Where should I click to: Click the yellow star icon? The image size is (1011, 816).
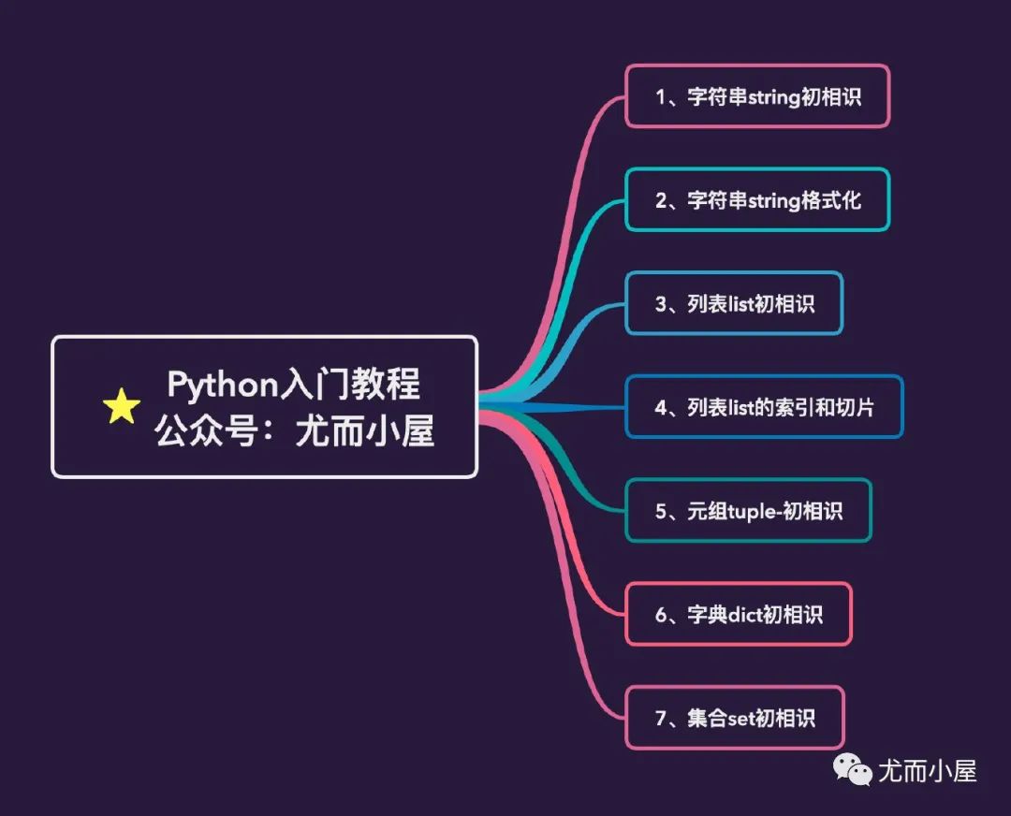[121, 406]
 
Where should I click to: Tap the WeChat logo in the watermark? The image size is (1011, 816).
[852, 768]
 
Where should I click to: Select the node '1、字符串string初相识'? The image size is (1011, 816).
[757, 96]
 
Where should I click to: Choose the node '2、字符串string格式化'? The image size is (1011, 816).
[757, 200]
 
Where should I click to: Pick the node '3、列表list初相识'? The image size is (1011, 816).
[735, 303]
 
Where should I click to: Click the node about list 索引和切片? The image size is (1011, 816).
[764, 407]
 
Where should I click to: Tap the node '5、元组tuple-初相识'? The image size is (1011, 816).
[749, 511]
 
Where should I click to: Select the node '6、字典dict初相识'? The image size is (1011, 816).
[739, 614]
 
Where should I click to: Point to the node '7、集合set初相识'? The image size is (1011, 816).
[735, 718]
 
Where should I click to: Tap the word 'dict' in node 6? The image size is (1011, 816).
[745, 614]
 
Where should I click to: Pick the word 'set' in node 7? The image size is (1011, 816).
[740, 718]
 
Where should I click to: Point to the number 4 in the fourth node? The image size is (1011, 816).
[661, 407]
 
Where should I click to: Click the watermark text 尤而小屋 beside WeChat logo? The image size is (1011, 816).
[928, 771]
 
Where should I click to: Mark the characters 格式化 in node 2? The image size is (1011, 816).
[831, 200]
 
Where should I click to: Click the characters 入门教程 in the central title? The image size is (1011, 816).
[350, 385]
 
